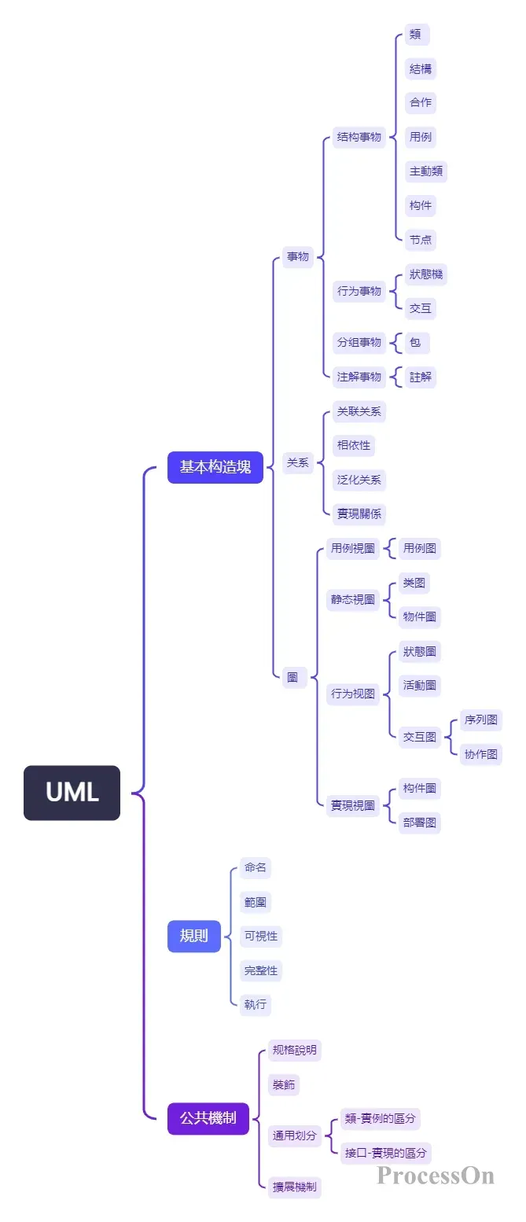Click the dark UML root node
coord(72,793)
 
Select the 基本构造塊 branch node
coord(215,467)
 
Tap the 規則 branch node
coord(193,936)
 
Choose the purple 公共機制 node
coord(208,1117)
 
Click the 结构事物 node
coord(359,137)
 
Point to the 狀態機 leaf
coord(426,274)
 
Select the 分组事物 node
coord(359,342)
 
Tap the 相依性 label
coord(352,445)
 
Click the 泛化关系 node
coord(359,480)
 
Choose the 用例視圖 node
coord(352,548)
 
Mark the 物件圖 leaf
coord(419,617)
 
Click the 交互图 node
coord(419,737)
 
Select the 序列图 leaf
coord(480,720)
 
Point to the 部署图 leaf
coord(419,823)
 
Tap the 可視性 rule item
coord(260,936)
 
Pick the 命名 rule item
coord(256,868)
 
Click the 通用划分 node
coord(295,1135)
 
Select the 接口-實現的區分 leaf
coord(385,1153)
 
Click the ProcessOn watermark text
coord(435,1176)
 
